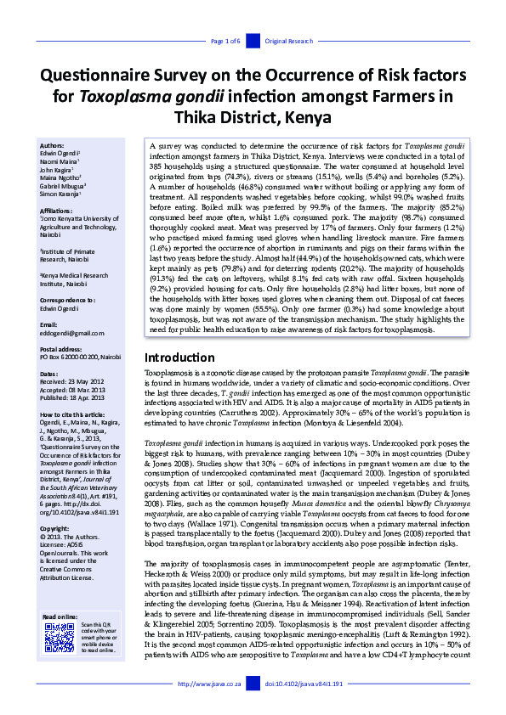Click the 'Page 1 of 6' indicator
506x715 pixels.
[225, 41]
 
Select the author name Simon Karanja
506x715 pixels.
[61, 194]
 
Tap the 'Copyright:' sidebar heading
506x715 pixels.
[56, 505]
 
